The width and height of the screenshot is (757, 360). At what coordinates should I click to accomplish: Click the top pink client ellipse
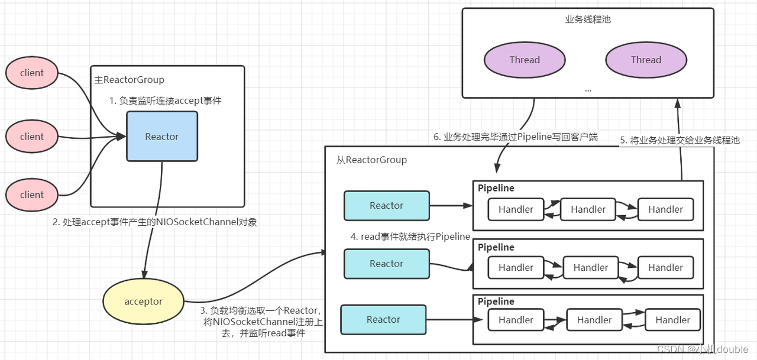[x=32, y=73]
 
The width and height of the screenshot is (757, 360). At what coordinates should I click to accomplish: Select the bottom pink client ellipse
[x=32, y=194]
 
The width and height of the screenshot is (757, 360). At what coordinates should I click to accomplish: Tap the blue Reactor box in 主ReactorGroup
[x=161, y=137]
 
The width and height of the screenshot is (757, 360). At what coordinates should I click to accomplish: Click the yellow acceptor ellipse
[x=143, y=301]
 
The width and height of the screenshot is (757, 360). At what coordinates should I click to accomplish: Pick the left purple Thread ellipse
[x=525, y=60]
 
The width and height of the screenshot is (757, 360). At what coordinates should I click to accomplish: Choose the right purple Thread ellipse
[x=646, y=60]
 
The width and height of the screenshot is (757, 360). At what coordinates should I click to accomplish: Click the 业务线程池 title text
[x=587, y=20]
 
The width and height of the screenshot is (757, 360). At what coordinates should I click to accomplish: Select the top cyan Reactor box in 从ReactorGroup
[x=386, y=206]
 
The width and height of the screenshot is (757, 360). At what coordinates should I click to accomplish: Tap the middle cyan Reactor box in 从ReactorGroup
[x=386, y=264]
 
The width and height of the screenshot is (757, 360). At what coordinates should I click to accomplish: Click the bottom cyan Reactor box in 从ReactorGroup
[x=383, y=320]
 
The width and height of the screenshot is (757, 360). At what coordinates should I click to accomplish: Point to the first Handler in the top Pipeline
[x=516, y=209]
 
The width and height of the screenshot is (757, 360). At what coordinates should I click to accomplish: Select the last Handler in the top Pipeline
[x=665, y=209]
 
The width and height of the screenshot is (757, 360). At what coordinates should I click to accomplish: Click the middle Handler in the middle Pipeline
[x=590, y=268]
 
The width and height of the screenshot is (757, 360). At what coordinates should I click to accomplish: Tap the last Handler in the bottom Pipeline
[x=672, y=320]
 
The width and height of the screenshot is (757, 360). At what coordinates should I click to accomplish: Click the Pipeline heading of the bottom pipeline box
[x=496, y=301]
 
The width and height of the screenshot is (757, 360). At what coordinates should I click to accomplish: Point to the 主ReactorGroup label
[x=129, y=80]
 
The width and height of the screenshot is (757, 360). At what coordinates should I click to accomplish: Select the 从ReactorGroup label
[x=371, y=160]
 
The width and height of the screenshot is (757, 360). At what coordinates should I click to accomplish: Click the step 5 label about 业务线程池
[x=680, y=141]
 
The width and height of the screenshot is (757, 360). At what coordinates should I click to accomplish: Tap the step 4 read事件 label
[x=410, y=237]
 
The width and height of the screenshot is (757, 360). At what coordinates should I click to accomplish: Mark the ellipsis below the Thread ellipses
[x=587, y=89]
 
